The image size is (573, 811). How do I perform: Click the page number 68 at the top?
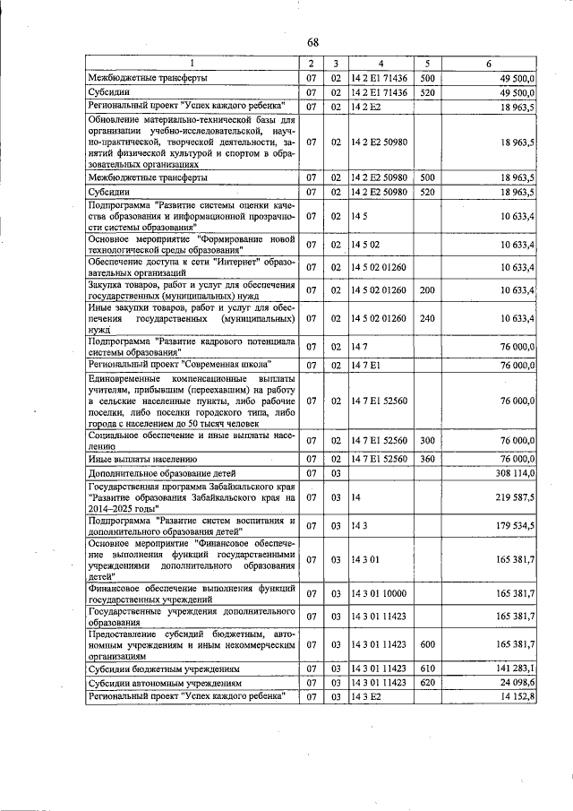(x=312, y=42)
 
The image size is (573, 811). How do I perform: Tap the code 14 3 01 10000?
(x=379, y=592)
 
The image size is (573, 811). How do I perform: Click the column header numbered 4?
(x=380, y=64)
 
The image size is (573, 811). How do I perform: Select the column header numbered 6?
(x=489, y=64)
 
